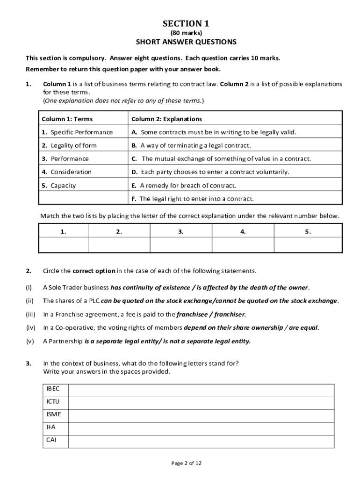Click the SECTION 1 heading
click(186, 24)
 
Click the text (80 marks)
click(186, 33)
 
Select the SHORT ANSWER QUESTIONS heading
click(186, 42)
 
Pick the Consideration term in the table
click(71, 172)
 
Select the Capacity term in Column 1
click(63, 185)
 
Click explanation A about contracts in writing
click(219, 132)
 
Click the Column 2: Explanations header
click(167, 119)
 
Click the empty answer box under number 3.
click(181, 245)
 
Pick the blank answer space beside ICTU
click(201, 402)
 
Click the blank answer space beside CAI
click(201, 441)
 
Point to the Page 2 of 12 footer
click(187, 463)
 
